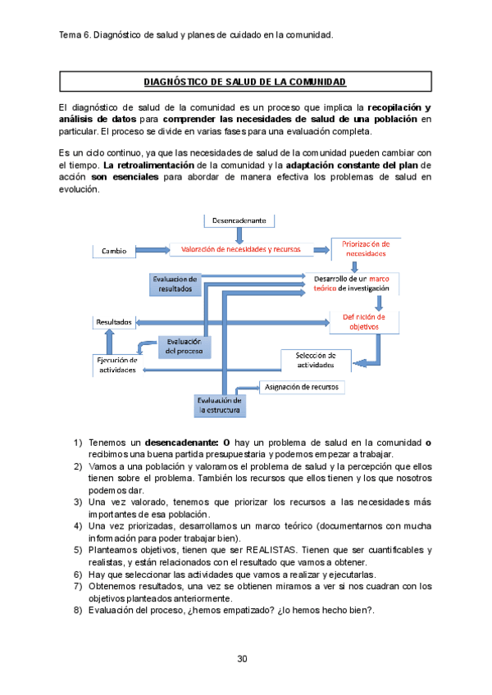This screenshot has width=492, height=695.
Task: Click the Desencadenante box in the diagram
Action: tap(239, 220)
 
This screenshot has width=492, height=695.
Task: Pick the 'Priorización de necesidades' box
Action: tap(366, 248)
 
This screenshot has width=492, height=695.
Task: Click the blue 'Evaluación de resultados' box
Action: tap(175, 284)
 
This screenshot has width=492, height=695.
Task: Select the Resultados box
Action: tap(114, 322)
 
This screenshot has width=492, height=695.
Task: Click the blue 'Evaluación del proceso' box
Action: tap(184, 346)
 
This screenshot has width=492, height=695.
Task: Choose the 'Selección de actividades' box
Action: tap(315, 360)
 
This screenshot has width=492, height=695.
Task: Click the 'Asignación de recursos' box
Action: tap(303, 387)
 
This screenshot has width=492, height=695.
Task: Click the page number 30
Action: tap(243, 658)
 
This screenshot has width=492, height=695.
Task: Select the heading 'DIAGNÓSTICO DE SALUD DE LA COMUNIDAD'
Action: tap(244, 82)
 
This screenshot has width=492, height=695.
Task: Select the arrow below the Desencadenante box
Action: tap(239, 235)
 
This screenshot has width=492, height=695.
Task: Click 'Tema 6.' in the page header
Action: tap(76, 35)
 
